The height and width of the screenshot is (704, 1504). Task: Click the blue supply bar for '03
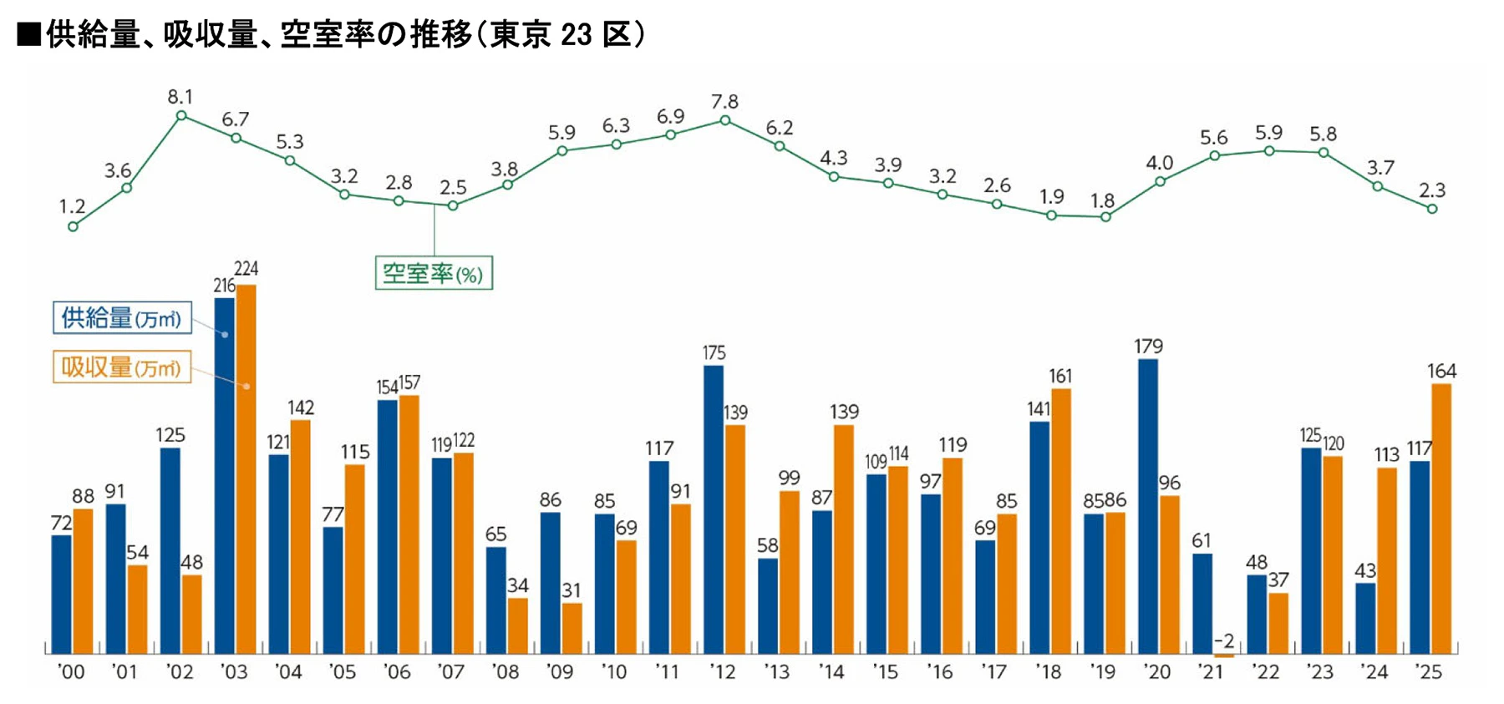coord(225,475)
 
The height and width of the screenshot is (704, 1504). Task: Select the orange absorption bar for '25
coord(1441,519)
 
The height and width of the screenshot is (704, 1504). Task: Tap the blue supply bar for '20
coord(1148,506)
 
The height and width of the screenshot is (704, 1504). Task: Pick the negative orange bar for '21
coord(1224,656)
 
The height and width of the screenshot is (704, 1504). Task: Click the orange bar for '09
coord(572,628)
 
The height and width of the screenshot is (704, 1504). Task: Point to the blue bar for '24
coord(1365,618)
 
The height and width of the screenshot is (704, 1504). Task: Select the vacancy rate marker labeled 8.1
coord(181,116)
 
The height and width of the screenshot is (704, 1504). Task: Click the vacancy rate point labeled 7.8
coord(725,120)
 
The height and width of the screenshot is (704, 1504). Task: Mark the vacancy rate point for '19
coord(1105,217)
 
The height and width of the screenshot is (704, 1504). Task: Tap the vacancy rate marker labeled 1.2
coord(73,226)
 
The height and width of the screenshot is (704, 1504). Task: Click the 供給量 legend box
coord(122,318)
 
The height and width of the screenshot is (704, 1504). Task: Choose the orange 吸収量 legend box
coord(122,367)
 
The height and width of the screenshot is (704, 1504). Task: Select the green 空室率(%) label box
coord(434,273)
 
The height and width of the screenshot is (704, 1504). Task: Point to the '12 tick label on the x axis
coord(723,672)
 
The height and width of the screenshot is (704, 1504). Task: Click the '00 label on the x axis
coord(71,672)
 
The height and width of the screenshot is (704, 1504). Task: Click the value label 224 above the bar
coord(246,269)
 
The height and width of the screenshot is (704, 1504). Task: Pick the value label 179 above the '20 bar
coord(1149,346)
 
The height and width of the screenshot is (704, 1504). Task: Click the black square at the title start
coord(29,35)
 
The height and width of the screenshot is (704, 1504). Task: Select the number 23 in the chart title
coord(577,35)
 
